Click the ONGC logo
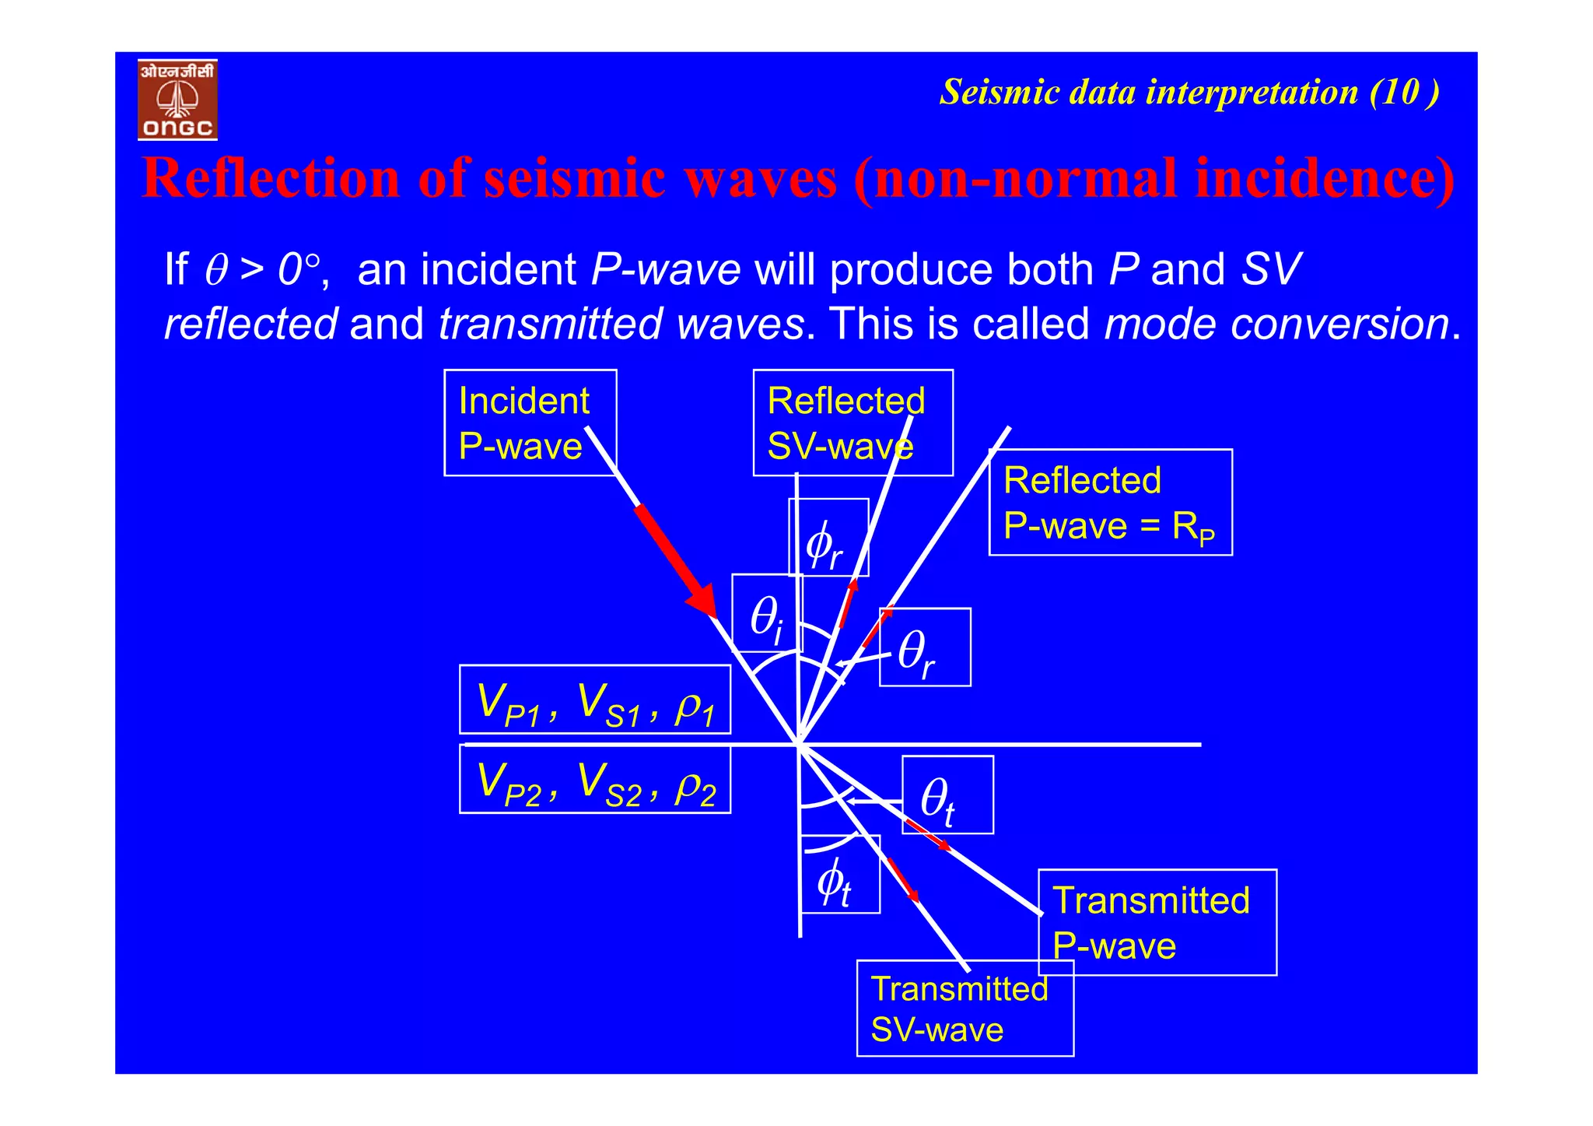coord(177,100)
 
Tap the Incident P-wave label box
coord(530,423)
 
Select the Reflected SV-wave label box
coord(852,423)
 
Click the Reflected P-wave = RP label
coord(1110,503)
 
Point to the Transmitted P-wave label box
coord(1157,922)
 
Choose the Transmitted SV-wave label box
coord(965,1008)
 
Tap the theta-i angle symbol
coord(766,619)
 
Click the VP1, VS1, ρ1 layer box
coord(595,700)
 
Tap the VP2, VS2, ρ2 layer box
coord(595,780)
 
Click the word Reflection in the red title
coord(270,178)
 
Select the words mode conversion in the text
coord(1276,324)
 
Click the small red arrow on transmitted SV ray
coord(904,880)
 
